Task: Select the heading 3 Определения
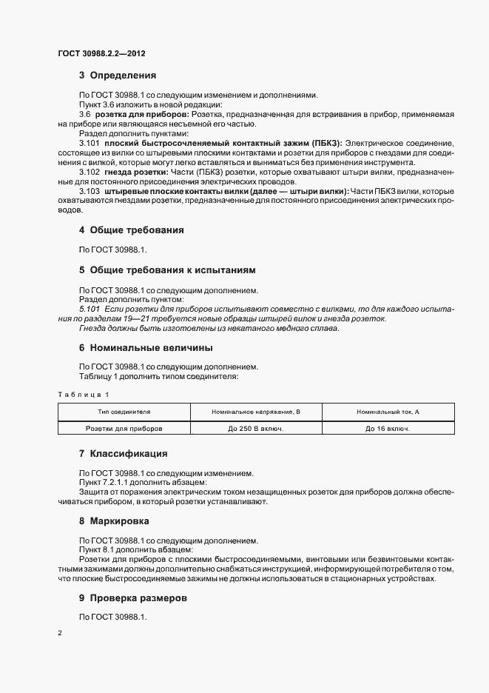pos(117,76)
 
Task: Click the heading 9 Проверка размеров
pos(133,598)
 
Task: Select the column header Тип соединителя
pos(124,411)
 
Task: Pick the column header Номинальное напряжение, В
pos(255,411)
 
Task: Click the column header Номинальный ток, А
pos(388,411)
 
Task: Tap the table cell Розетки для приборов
pos(124,428)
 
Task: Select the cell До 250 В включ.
pos(255,428)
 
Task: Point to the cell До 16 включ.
pos(388,428)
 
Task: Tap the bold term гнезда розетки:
pos(133,172)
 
